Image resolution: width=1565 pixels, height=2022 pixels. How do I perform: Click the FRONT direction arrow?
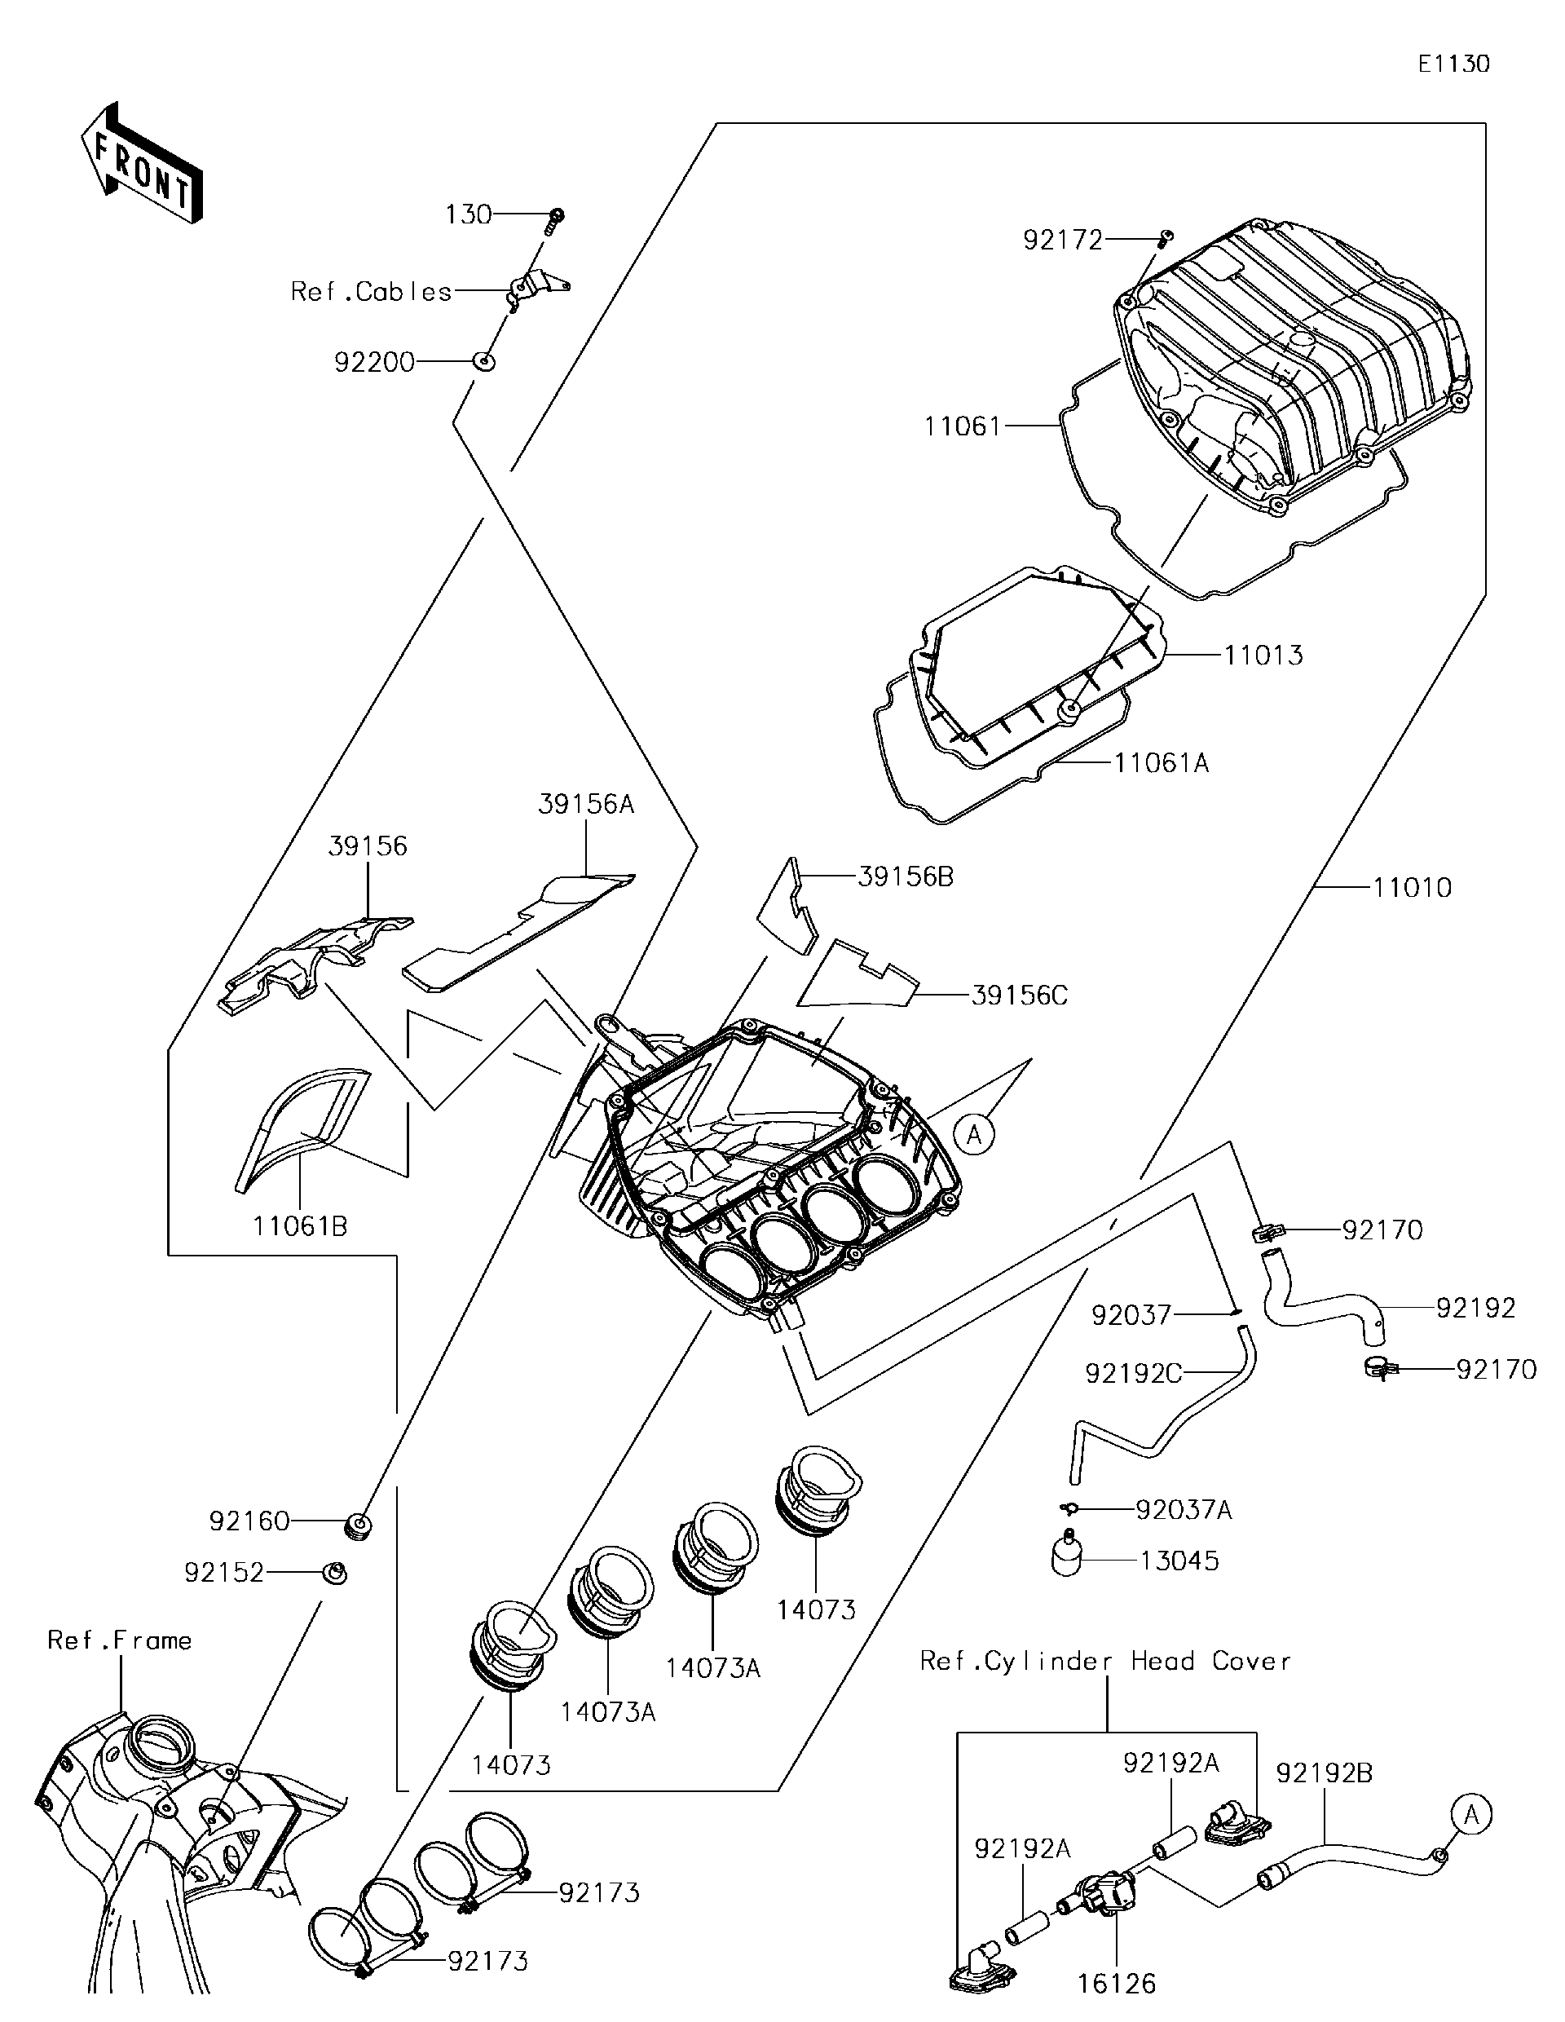click(x=142, y=165)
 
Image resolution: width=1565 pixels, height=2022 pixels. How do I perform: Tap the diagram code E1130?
click(x=1454, y=64)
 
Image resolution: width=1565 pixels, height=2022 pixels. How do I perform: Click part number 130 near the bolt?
click(x=469, y=214)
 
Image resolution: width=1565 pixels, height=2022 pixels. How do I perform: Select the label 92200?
click(x=374, y=362)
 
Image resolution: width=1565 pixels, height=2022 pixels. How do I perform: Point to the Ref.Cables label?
click(x=371, y=292)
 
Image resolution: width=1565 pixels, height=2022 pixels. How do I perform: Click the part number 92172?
click(x=1062, y=241)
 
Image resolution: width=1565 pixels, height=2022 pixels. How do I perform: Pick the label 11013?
click(x=1263, y=656)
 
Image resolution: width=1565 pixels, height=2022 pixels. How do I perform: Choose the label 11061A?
click(x=1162, y=763)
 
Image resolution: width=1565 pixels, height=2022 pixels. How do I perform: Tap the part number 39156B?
click(x=905, y=876)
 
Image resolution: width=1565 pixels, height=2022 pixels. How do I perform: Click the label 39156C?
click(x=1019, y=996)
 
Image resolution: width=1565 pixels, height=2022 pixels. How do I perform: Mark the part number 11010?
click(x=1412, y=888)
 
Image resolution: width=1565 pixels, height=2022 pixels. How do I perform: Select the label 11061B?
click(x=300, y=1227)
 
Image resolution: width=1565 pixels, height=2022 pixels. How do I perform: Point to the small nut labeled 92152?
click(x=336, y=1572)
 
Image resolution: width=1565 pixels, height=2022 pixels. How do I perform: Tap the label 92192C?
click(x=1133, y=1374)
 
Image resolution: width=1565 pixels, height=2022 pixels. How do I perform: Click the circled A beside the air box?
click(x=973, y=1133)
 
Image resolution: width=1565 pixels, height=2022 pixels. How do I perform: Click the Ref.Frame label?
click(x=119, y=1640)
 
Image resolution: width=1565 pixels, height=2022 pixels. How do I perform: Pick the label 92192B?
click(x=1324, y=1774)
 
